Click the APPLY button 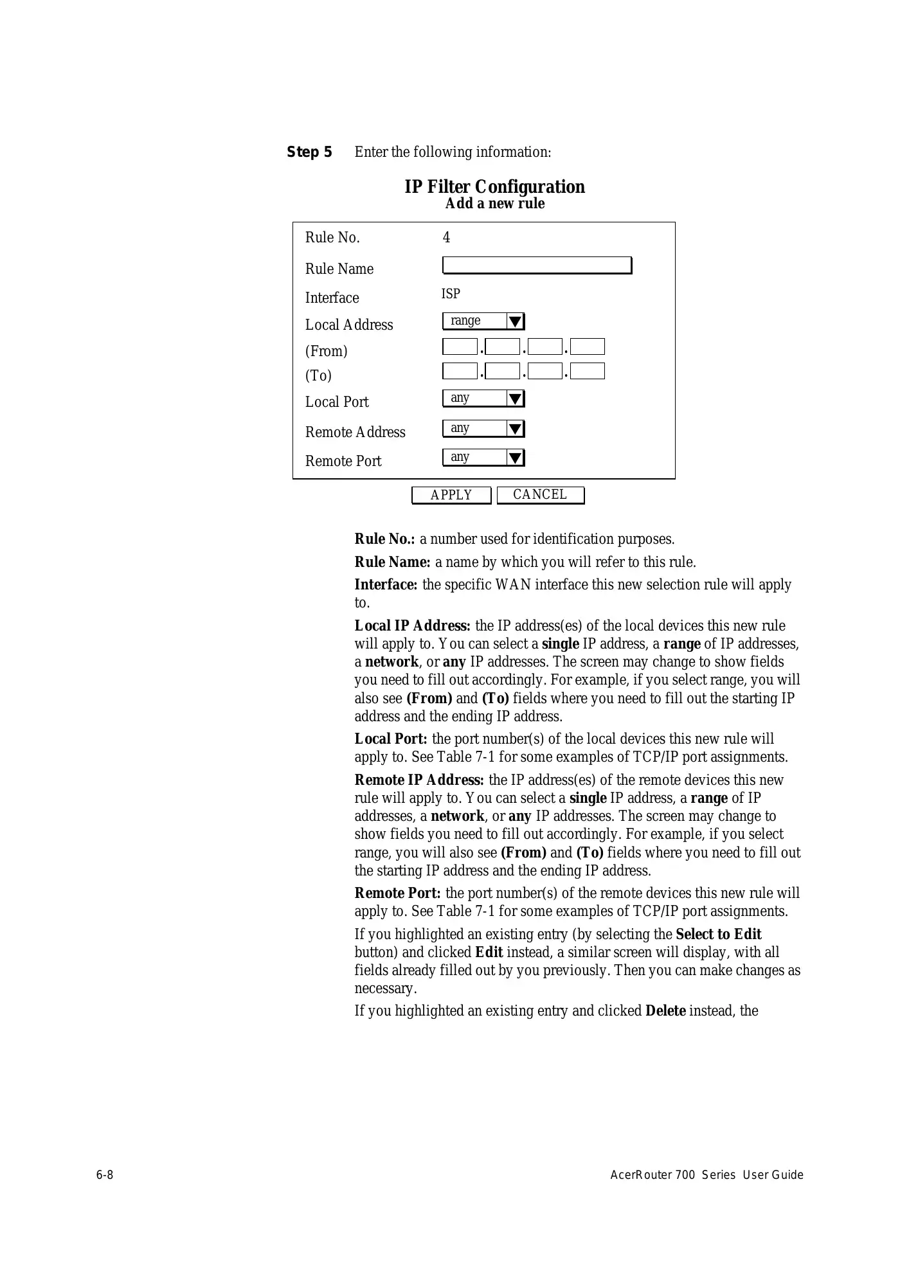click(451, 495)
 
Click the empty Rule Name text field click(537, 265)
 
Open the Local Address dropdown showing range click(483, 321)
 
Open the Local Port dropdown click(483, 399)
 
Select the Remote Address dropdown click(483, 428)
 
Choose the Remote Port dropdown click(483, 457)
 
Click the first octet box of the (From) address click(460, 347)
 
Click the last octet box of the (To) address click(587, 371)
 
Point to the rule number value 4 click(446, 238)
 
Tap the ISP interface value click(451, 294)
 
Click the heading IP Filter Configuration click(494, 187)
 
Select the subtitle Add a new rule click(494, 204)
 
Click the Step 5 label click(309, 152)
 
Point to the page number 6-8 click(105, 1175)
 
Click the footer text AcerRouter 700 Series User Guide click(706, 1175)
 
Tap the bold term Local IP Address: click(412, 626)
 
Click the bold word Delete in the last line click(665, 1011)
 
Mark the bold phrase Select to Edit click(718, 935)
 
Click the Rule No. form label click(332, 238)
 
